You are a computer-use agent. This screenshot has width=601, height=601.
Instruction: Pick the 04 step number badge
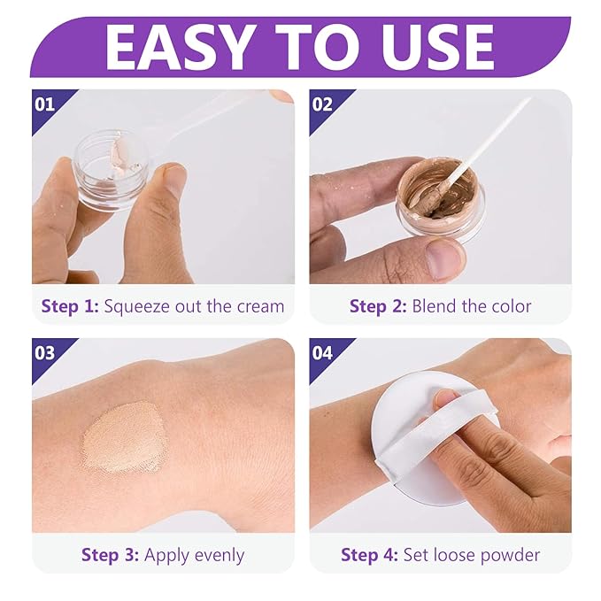tap(323, 353)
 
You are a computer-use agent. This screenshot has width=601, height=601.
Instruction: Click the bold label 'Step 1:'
tap(70, 307)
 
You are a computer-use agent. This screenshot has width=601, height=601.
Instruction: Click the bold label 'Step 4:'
tap(370, 556)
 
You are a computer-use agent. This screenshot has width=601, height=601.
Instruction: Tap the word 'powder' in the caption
tap(509, 556)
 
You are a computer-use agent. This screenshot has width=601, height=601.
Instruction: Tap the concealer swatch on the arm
tap(124, 436)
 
